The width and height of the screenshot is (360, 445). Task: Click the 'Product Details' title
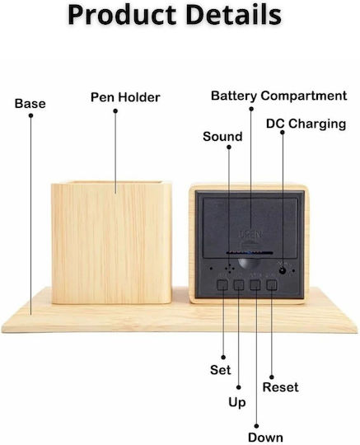175,15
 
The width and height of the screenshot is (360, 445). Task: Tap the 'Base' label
30,104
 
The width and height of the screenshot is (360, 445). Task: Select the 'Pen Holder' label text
125,97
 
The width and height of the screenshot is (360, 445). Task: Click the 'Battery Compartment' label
279,96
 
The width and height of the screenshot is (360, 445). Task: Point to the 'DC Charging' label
306,124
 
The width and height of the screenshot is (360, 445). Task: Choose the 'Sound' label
222,137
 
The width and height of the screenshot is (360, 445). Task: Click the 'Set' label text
221,370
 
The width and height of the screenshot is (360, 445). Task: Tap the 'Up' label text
237,402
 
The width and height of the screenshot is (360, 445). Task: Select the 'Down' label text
265,438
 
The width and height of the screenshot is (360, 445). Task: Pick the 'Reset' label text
280,387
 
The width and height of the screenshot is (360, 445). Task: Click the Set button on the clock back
222,284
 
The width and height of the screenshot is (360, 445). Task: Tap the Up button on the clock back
239,284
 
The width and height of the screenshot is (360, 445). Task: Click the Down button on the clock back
255,284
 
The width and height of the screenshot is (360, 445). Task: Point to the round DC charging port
283,270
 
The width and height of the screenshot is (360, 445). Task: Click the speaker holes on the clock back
230,268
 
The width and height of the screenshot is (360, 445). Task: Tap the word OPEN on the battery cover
250,234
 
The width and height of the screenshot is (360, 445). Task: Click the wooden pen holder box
111,242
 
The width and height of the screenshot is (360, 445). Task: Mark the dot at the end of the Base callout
31,115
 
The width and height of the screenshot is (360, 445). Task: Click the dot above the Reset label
272,377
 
